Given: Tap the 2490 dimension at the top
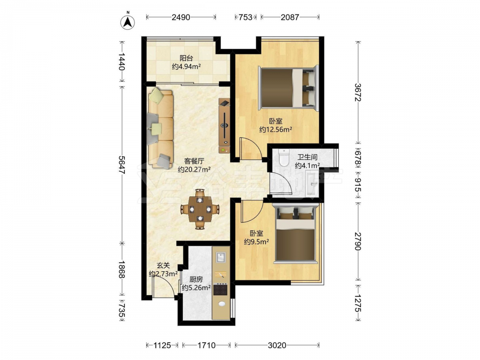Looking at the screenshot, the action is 181,17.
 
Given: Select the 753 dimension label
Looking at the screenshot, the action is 245,17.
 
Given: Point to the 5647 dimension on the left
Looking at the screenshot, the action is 122,165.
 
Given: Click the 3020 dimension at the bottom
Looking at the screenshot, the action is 277,345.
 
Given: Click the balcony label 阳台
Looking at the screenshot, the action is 186,58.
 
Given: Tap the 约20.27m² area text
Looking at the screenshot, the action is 194,169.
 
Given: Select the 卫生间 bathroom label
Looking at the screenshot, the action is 307,157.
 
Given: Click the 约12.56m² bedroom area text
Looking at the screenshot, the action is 276,130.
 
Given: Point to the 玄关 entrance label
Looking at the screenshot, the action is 163,266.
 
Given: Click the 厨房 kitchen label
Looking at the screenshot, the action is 196,279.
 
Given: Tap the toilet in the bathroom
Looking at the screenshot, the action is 284,157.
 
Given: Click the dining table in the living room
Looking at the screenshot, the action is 200,209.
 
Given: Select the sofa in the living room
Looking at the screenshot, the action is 160,128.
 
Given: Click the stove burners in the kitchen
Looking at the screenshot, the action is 221,289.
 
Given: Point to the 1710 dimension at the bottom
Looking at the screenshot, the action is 206,345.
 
